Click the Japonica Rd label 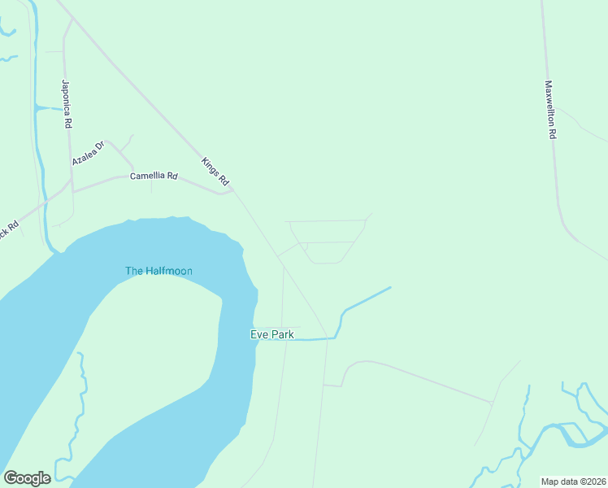click(x=67, y=104)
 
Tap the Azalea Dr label click(x=88, y=153)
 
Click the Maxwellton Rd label click(x=550, y=110)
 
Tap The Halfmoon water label click(x=159, y=271)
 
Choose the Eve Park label click(x=271, y=334)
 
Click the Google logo click(x=27, y=478)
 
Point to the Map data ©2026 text click(x=573, y=481)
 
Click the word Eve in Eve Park click(x=258, y=334)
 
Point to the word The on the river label click(x=134, y=271)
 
